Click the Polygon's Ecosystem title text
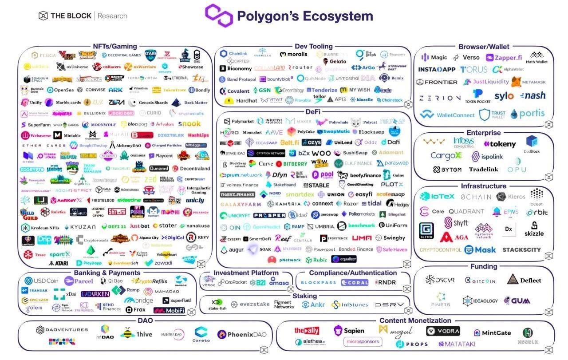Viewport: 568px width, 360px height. pos(304,16)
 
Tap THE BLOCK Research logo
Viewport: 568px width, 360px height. pos(83,16)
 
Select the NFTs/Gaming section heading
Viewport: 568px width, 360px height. pos(115,47)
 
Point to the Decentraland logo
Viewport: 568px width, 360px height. pos(191,169)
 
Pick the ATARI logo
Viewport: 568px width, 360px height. pos(58,263)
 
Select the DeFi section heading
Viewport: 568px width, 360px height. pos(313,111)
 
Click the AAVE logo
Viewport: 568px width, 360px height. pos(274,132)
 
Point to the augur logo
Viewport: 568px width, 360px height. pos(233,250)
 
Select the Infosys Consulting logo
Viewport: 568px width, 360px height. pos(463,142)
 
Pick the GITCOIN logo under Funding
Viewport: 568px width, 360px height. pos(480,281)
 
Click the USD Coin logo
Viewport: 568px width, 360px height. pos(42,281)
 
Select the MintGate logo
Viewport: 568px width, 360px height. pos(492,333)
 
